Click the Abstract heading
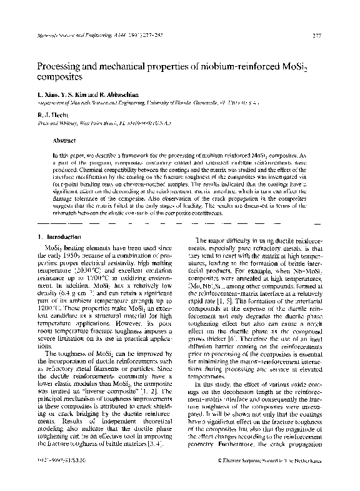[x=65, y=141]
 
